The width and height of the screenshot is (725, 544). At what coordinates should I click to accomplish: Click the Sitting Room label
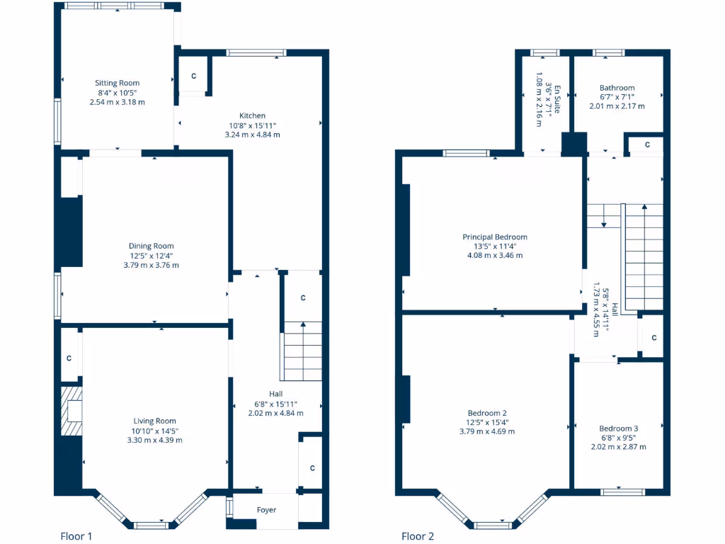tap(118, 83)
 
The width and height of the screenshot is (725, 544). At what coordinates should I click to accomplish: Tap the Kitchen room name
tap(252, 115)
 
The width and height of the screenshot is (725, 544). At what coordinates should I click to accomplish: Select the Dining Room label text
tap(152, 246)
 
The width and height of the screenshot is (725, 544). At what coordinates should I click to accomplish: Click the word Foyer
tap(266, 510)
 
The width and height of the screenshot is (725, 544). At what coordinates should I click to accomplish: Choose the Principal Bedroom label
tap(495, 237)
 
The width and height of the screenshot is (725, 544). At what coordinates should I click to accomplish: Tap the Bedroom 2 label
tap(487, 413)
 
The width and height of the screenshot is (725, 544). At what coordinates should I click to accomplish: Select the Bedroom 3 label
tap(618, 429)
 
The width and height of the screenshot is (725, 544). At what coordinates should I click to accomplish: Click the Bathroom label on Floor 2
tap(617, 88)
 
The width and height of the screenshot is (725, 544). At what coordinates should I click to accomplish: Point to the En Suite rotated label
tap(557, 99)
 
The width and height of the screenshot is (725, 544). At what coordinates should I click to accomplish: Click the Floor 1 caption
tap(76, 536)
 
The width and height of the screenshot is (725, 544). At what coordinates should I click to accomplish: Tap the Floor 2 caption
tap(418, 536)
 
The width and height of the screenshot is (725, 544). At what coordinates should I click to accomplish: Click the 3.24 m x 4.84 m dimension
tap(252, 135)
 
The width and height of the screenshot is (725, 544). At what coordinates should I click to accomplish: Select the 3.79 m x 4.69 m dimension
tap(487, 431)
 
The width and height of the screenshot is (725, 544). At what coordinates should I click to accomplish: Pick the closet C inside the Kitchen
tap(193, 76)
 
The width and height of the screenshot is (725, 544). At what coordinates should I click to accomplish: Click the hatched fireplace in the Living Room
tap(72, 411)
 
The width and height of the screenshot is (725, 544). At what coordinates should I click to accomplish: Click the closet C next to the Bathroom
tap(648, 144)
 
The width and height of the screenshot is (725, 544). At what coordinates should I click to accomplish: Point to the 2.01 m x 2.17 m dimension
tap(617, 106)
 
